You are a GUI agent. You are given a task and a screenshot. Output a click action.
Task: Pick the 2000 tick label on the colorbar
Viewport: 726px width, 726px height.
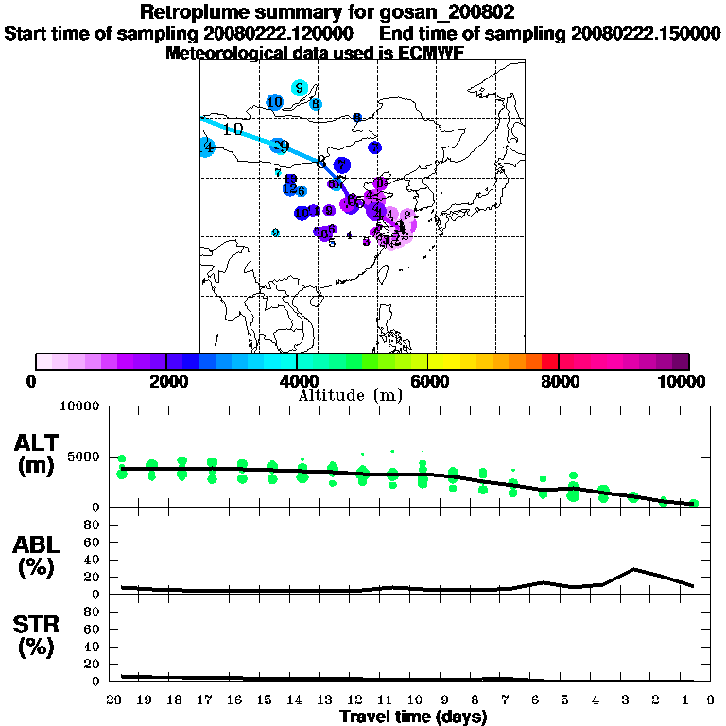coord(166,382)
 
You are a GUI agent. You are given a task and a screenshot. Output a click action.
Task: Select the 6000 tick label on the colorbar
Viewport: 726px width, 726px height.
coord(428,382)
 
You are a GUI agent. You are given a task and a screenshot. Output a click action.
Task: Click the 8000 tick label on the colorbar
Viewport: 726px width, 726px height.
coord(559,382)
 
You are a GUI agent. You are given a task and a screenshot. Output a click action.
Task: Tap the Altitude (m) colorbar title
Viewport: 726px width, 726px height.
coord(351,395)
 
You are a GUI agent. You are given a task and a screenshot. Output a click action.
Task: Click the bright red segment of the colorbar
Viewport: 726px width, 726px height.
coord(549,361)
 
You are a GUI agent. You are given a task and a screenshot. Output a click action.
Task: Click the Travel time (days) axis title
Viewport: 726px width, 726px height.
coord(414,717)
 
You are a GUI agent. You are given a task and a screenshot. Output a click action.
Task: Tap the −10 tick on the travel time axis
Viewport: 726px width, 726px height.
coord(412,700)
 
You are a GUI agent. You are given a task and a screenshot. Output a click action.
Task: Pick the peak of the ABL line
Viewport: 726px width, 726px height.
coord(634,569)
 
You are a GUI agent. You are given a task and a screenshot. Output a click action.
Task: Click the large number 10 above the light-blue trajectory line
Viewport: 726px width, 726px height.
coord(233,129)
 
